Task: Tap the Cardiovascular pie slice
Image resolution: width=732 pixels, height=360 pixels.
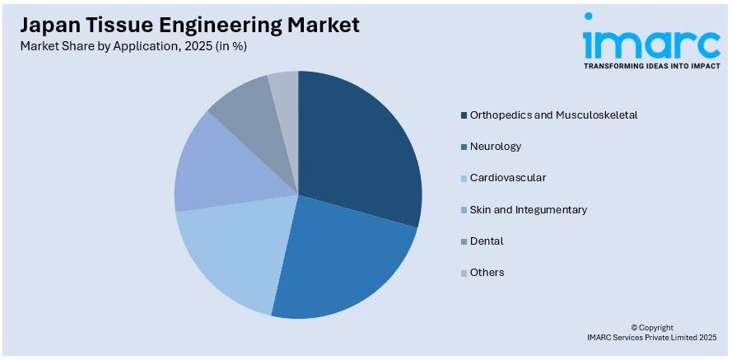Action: pyautogui.click(x=231, y=251)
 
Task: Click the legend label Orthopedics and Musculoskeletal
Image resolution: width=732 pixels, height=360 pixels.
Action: pyautogui.click(x=553, y=115)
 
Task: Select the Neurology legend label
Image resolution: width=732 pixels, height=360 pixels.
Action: pyautogui.click(x=496, y=146)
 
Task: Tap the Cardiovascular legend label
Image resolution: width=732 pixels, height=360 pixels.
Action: pyautogui.click(x=508, y=178)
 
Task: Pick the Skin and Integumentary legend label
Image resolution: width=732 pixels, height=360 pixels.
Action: pyautogui.click(x=529, y=209)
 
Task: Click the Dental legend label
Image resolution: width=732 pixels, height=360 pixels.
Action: pyautogui.click(x=487, y=241)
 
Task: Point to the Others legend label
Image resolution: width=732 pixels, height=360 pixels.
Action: pyautogui.click(x=487, y=272)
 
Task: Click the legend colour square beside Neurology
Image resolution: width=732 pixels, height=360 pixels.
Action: pyautogui.click(x=464, y=147)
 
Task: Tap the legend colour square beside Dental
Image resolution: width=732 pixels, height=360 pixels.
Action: pyautogui.click(x=464, y=241)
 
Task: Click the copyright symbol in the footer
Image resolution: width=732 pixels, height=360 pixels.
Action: pyautogui.click(x=634, y=327)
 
